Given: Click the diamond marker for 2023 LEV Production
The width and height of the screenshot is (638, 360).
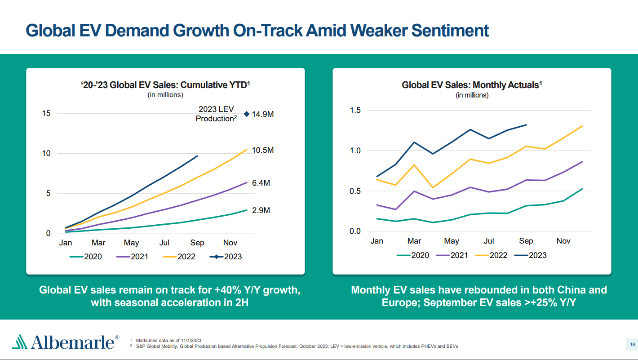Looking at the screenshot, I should coord(246,114).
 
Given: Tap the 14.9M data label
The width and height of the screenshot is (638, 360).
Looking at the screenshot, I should coord(263,114).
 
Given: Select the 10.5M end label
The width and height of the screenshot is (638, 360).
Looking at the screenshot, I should coord(263,150).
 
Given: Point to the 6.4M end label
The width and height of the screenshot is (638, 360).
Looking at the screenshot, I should coord(261,183).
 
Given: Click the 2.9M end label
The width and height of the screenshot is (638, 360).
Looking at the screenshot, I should coord(261,210).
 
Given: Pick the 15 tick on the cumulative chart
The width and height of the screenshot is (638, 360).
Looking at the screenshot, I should coord(46,113).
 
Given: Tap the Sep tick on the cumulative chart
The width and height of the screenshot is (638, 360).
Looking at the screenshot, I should coord(197,243).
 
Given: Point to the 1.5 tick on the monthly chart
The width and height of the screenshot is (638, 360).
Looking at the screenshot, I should coord(355,111).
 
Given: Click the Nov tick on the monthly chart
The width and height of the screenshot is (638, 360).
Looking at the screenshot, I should coord(563,241).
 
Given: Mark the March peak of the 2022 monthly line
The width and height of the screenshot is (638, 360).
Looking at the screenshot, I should coord(414,165).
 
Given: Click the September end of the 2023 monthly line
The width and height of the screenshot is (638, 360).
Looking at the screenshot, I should coord(526,125).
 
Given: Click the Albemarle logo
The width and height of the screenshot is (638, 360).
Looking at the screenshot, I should coord(66,342).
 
